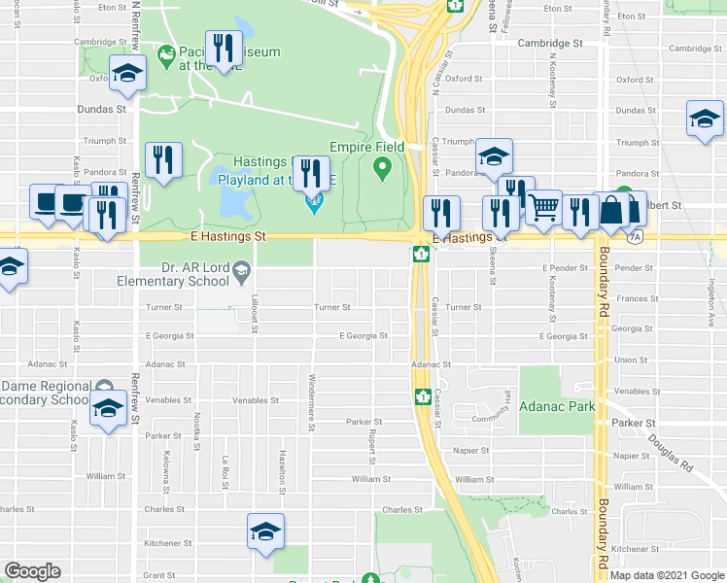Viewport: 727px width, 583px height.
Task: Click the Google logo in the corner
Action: (x=32, y=571)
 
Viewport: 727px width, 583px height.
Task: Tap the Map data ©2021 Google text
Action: (x=667, y=575)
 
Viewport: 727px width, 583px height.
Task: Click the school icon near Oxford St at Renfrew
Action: (x=126, y=75)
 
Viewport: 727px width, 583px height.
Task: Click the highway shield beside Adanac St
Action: (x=423, y=395)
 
